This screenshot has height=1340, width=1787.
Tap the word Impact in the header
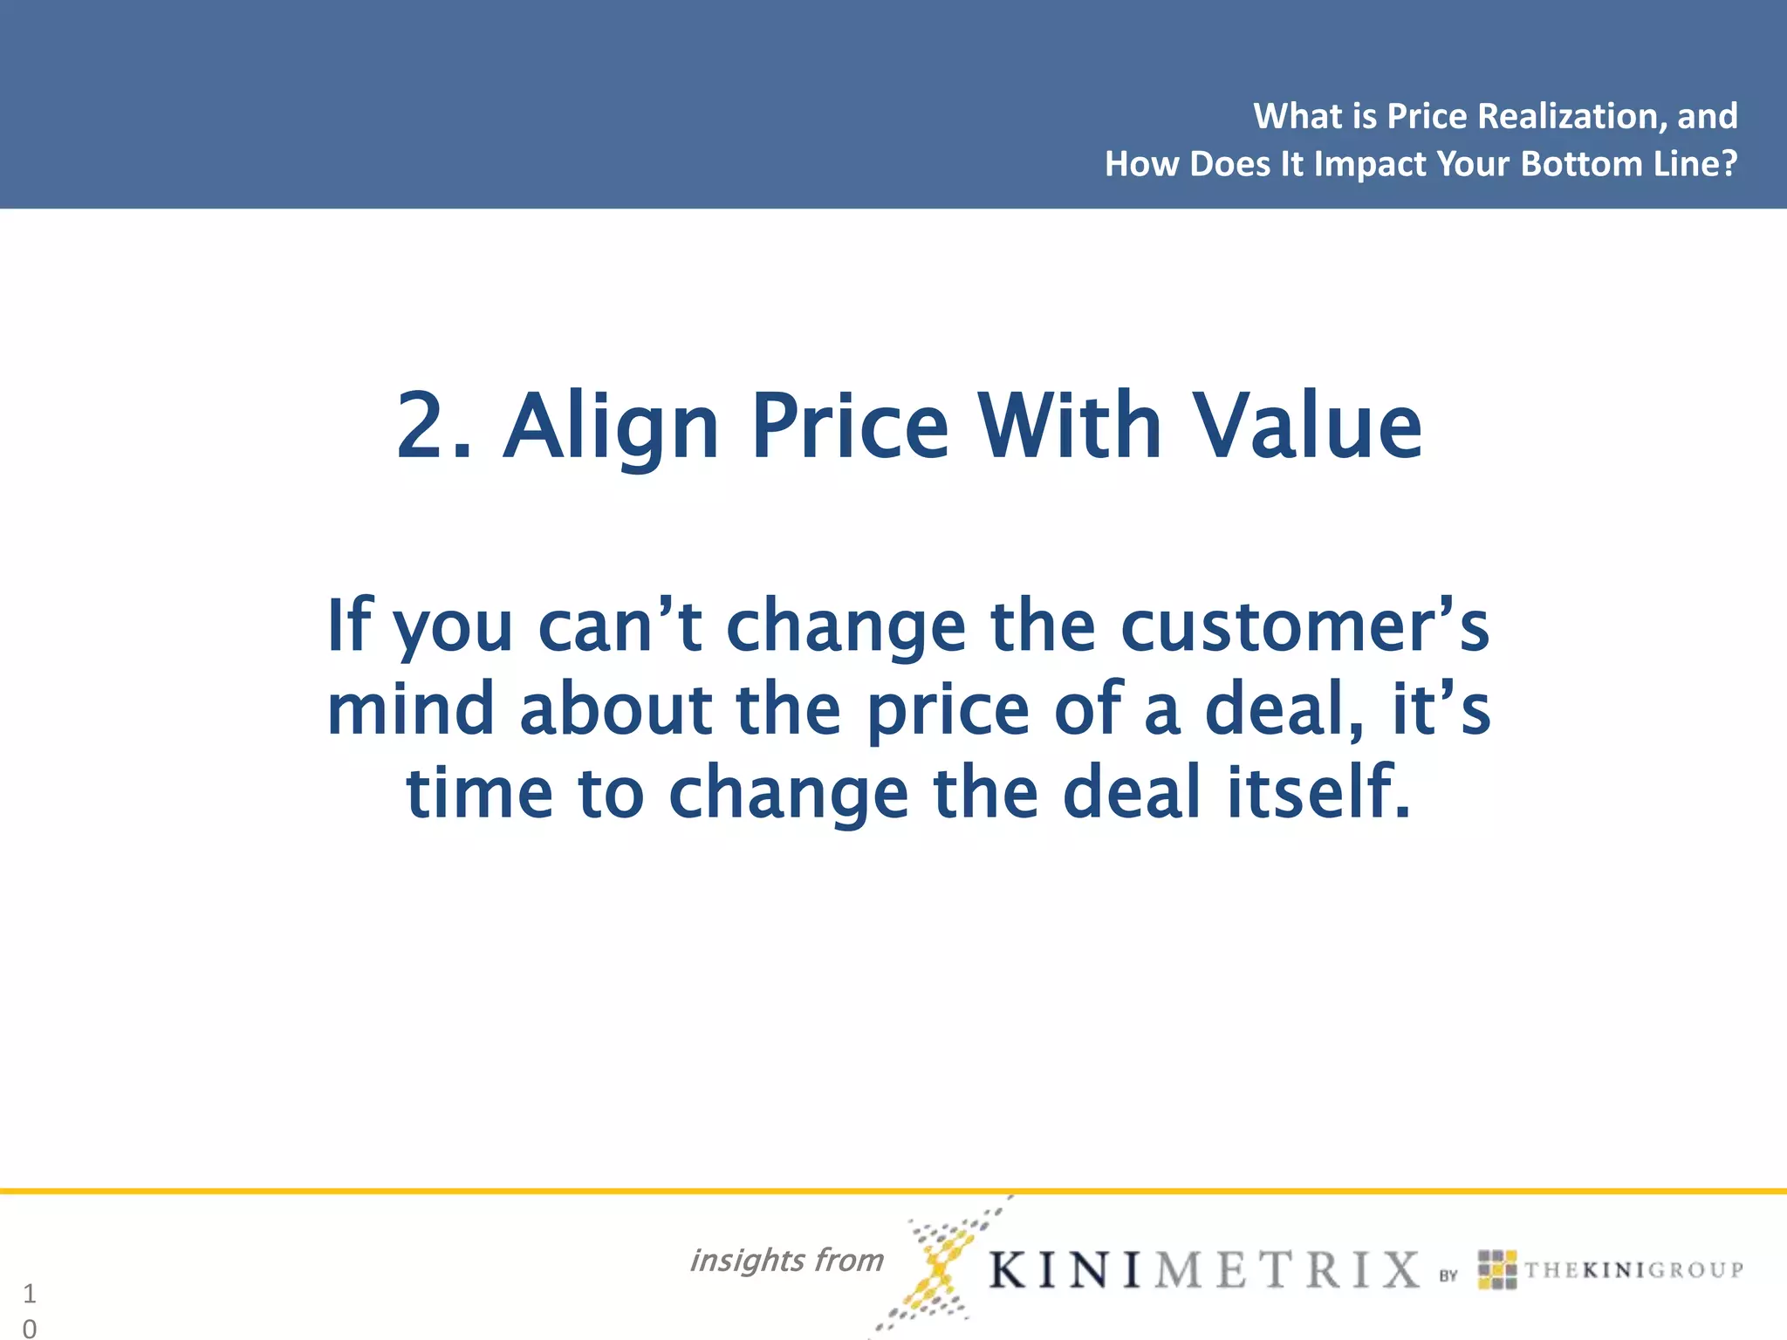(1370, 164)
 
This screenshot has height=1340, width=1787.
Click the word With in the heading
(1069, 427)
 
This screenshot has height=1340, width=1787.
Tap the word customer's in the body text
(1304, 626)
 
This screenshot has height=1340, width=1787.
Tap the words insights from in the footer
(786, 1260)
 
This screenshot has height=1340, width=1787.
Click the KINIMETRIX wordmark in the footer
(1204, 1269)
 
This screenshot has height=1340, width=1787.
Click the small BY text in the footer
(1448, 1275)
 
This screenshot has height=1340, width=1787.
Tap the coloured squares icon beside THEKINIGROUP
(1497, 1269)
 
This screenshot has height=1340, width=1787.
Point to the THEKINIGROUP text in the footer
(1633, 1269)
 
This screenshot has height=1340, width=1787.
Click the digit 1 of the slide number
(30, 1293)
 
